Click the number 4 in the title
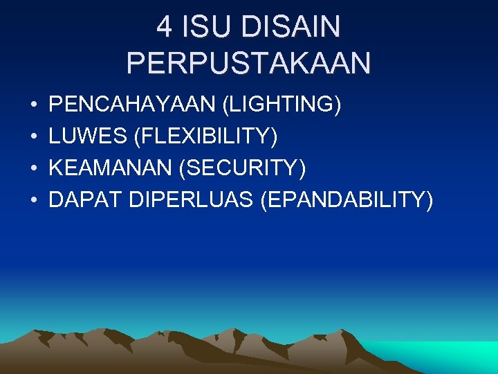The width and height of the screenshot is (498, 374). click(164, 28)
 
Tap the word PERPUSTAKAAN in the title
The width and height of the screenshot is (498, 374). click(248, 63)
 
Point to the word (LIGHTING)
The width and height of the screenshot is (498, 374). click(281, 105)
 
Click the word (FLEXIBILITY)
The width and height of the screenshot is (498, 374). click(206, 137)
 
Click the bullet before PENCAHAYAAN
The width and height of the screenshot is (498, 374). click(34, 106)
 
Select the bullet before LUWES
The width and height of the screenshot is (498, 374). click(34, 138)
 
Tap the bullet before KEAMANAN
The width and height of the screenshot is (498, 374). click(34, 169)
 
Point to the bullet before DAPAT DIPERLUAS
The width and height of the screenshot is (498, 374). click(34, 201)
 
